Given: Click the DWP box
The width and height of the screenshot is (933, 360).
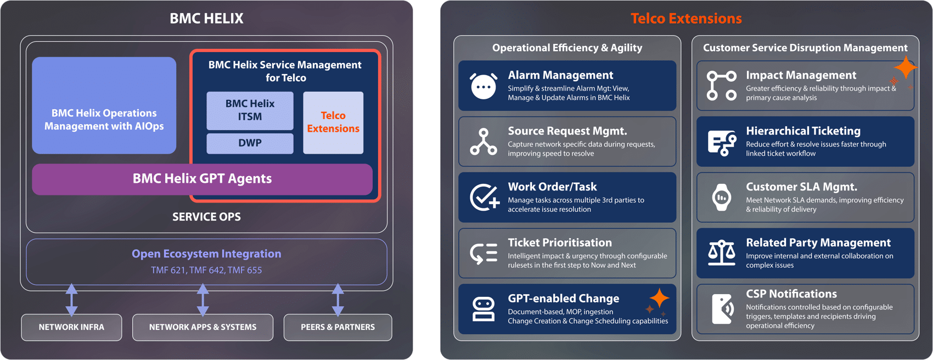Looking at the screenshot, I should pyautogui.click(x=250, y=143).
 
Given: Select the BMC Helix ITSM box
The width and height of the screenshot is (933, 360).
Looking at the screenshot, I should pyautogui.click(x=250, y=110).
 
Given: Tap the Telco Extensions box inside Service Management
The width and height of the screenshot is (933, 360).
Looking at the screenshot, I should pyautogui.click(x=333, y=122).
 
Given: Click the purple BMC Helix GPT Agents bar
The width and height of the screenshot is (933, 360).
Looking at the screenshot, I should pyautogui.click(x=202, y=179).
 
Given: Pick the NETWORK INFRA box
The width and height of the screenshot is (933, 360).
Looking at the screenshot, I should pyautogui.click(x=71, y=327).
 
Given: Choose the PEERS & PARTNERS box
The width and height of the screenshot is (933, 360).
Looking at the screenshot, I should pyautogui.click(x=338, y=327).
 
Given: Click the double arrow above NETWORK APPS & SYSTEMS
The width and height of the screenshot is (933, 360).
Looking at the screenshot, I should pyautogui.click(x=203, y=300).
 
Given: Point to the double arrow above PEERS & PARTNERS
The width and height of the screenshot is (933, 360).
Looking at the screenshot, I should pyautogui.click(x=338, y=300).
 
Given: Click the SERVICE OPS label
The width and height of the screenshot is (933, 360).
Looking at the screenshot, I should pyautogui.click(x=206, y=217).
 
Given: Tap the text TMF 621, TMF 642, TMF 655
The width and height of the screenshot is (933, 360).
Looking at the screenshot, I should pyautogui.click(x=206, y=270).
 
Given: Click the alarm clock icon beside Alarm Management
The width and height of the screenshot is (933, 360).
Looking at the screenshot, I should pyautogui.click(x=484, y=86).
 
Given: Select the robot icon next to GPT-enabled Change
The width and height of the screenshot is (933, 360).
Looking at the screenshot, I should pyautogui.click(x=484, y=309).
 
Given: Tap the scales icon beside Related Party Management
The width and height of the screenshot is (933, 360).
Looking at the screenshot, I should pyautogui.click(x=721, y=253).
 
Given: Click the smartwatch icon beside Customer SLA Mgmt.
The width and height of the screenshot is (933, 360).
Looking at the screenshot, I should pyautogui.click(x=721, y=198).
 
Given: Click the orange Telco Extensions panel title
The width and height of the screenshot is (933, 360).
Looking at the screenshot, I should pyautogui.click(x=686, y=19).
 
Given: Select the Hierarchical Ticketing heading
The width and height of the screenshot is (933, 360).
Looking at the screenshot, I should pyautogui.click(x=803, y=131).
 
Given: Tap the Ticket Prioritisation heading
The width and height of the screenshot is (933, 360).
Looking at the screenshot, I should pyautogui.click(x=559, y=243).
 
